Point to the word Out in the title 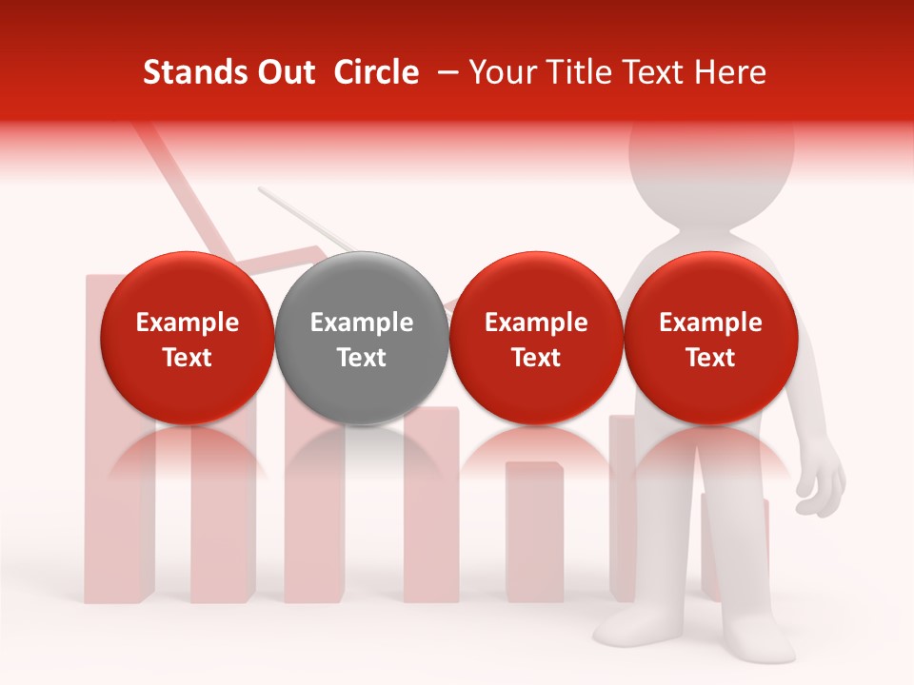285,72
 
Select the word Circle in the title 376,72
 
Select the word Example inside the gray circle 362,323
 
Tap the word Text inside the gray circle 362,358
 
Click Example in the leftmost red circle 188,323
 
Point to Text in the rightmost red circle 710,358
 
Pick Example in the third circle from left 536,323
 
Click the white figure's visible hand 821,485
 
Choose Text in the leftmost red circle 188,358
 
